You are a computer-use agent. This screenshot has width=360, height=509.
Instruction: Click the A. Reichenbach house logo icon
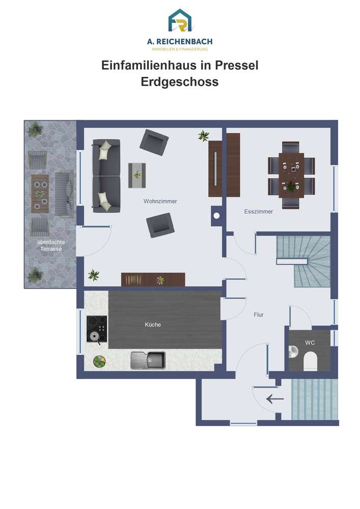coord(180,21)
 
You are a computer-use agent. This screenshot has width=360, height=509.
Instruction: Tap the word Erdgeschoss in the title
coord(180,82)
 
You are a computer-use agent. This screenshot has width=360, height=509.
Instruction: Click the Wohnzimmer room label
coord(160,201)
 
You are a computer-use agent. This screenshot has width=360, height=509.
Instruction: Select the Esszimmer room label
coord(258,211)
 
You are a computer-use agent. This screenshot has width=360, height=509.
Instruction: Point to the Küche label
coord(153,324)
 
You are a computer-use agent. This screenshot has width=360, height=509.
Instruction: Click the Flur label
coord(258,315)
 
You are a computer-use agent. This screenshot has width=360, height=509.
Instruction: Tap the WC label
coord(310,343)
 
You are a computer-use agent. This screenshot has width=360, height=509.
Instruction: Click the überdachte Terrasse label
coord(51,245)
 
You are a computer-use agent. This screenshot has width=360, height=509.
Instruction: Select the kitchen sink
coord(148,360)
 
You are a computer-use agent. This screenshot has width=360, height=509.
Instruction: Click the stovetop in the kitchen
coord(97,329)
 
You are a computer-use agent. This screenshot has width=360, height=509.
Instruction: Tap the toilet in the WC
coord(310,362)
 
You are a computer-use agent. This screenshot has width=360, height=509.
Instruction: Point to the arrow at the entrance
coord(274,399)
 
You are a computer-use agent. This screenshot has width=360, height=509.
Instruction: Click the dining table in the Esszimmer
coord(291,175)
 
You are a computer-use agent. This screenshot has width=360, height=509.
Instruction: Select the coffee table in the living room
coord(137,175)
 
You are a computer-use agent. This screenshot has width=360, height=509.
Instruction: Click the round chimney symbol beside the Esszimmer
coord(216,215)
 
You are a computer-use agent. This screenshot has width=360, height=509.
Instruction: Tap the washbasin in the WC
coord(293,352)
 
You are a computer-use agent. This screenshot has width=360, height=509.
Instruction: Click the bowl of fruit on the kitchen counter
coord(99,361)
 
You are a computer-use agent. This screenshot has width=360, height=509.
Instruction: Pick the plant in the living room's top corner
coord(204,135)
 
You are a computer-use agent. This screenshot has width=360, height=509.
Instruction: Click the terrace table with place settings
coord(40,194)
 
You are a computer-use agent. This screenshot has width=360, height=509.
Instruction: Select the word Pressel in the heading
coord(237,65)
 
